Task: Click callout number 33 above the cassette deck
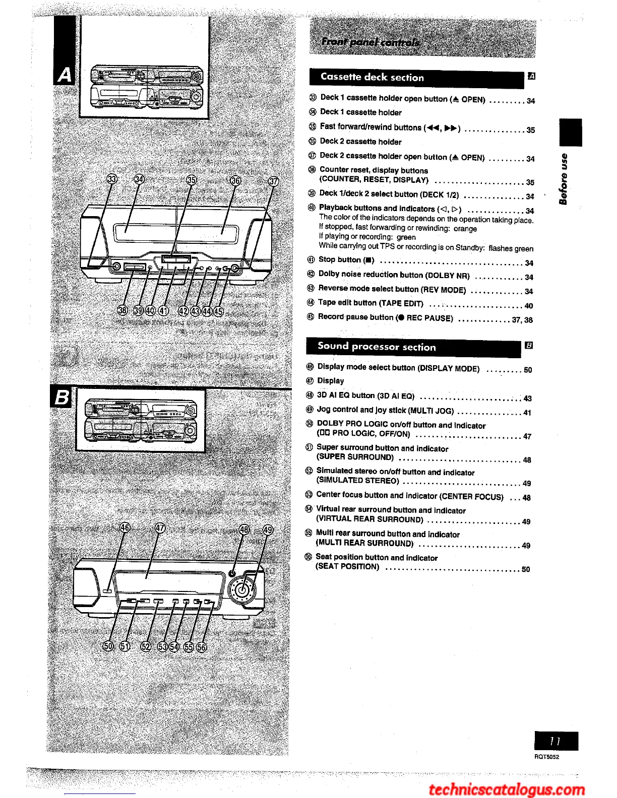(112, 180)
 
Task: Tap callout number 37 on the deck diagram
(273, 181)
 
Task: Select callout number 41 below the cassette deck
(163, 310)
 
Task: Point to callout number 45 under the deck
(218, 311)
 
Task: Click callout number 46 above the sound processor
(125, 528)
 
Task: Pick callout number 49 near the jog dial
(268, 529)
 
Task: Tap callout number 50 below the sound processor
(108, 646)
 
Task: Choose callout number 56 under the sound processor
(201, 647)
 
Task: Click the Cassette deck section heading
(372, 78)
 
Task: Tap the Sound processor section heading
(377, 347)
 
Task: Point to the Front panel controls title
(371, 41)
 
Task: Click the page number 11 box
(556, 741)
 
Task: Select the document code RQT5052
(547, 757)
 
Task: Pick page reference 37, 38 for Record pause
(522, 320)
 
